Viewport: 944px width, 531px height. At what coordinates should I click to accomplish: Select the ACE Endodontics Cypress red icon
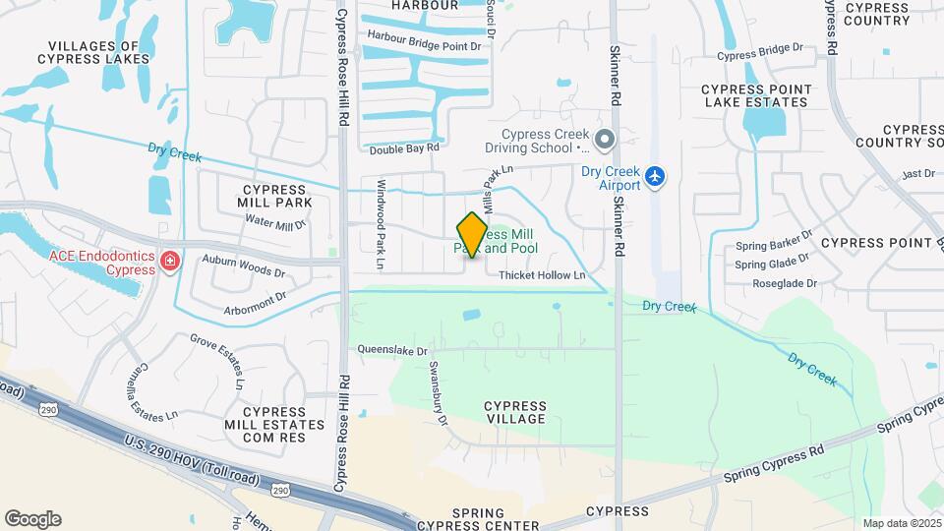[170, 262]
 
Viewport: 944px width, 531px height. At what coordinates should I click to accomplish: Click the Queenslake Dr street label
[393, 349]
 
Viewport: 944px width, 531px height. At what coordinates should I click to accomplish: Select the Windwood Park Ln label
[380, 224]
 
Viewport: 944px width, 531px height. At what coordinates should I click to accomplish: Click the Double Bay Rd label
[403, 148]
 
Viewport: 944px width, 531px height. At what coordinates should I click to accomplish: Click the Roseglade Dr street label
[783, 283]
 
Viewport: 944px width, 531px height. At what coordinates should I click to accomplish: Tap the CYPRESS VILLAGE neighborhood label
[514, 412]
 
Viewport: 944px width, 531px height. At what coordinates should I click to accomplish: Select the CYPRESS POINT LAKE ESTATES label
[756, 95]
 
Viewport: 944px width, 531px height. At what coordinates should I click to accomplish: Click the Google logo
[32, 518]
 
